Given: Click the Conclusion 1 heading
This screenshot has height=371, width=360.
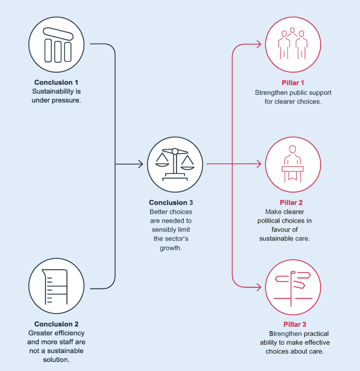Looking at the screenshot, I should (56, 82).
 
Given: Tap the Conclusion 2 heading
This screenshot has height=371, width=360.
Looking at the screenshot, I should (56, 324).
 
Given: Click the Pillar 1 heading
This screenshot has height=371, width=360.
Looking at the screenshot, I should (293, 83).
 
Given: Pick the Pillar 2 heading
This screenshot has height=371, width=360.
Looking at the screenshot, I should (292, 203).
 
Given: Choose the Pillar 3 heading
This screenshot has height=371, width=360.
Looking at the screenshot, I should (293, 324).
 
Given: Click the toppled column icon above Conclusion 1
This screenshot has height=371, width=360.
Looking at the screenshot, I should (57, 45).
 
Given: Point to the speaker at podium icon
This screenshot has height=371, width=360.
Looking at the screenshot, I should (293, 165).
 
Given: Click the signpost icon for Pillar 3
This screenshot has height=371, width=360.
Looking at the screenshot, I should (293, 286).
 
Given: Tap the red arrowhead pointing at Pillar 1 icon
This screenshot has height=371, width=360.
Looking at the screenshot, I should (259, 44).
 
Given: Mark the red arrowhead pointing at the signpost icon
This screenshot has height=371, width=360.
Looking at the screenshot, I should (259, 287).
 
